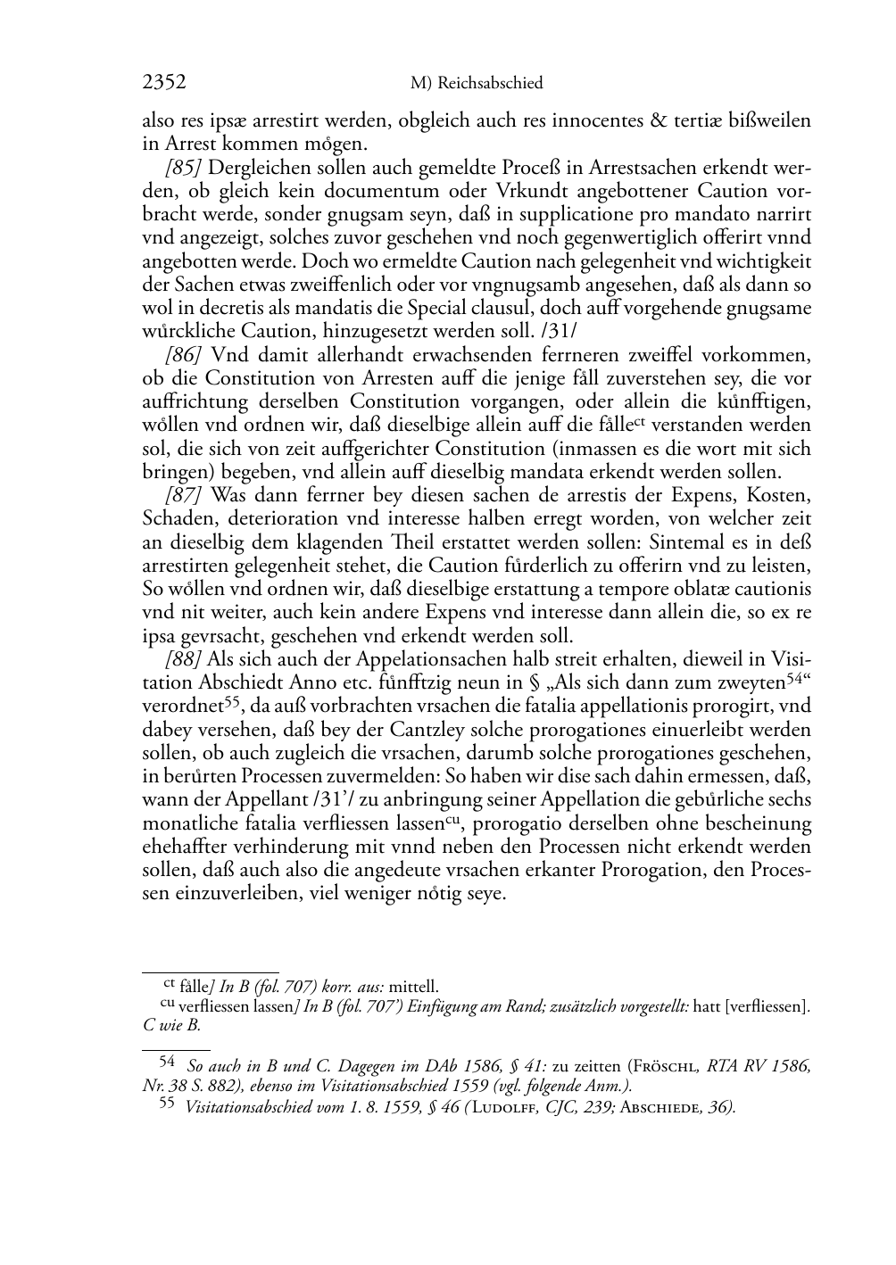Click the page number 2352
(x=164, y=83)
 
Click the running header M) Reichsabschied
(x=477, y=84)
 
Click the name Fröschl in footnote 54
(x=667, y=1065)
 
